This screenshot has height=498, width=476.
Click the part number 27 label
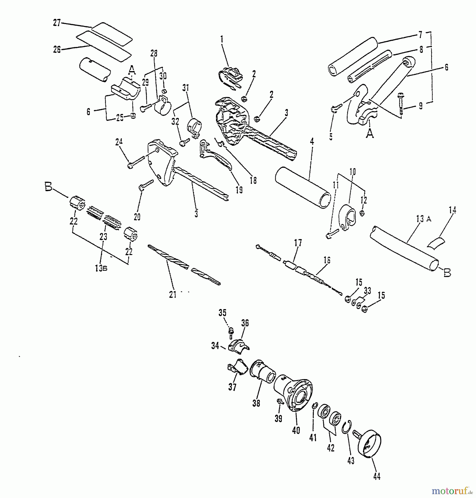click(x=57, y=23)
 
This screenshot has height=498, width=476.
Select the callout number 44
click(x=377, y=476)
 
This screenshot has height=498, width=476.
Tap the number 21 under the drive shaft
click(x=173, y=295)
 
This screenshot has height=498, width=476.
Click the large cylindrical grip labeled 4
click(x=303, y=187)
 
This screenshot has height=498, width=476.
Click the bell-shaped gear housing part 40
click(x=295, y=393)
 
